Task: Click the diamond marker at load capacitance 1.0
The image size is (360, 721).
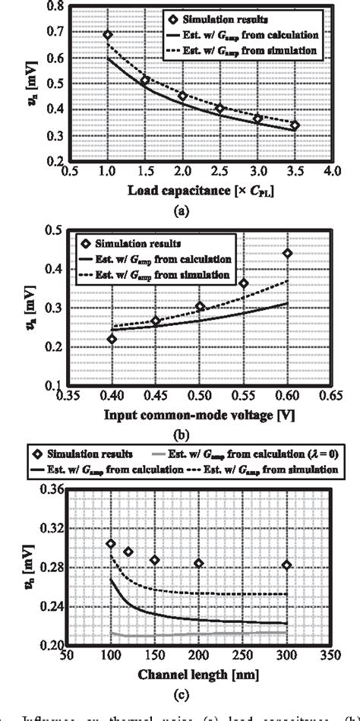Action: click(108, 35)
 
